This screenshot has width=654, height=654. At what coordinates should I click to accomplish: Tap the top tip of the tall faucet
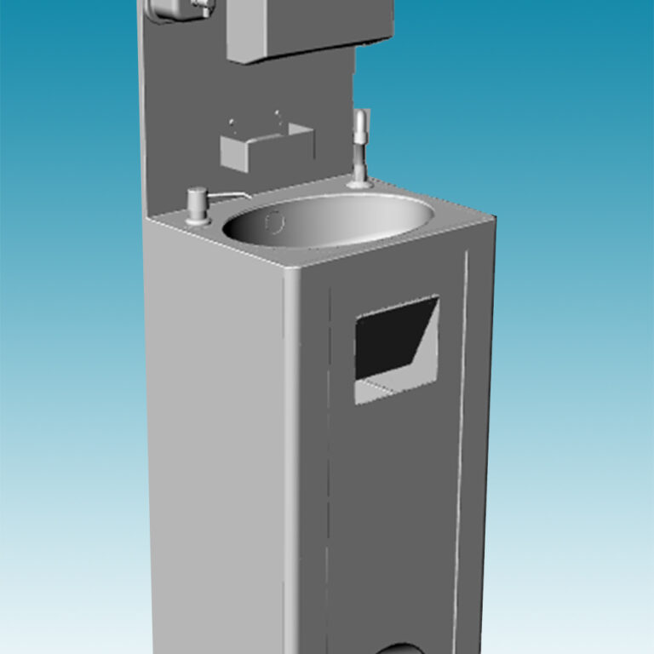pos(360,115)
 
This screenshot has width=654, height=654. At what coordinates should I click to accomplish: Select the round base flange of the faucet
pos(359,181)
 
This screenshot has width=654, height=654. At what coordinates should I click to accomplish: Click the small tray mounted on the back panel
pos(266,146)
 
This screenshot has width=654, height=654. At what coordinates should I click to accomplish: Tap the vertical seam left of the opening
pos(328,468)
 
